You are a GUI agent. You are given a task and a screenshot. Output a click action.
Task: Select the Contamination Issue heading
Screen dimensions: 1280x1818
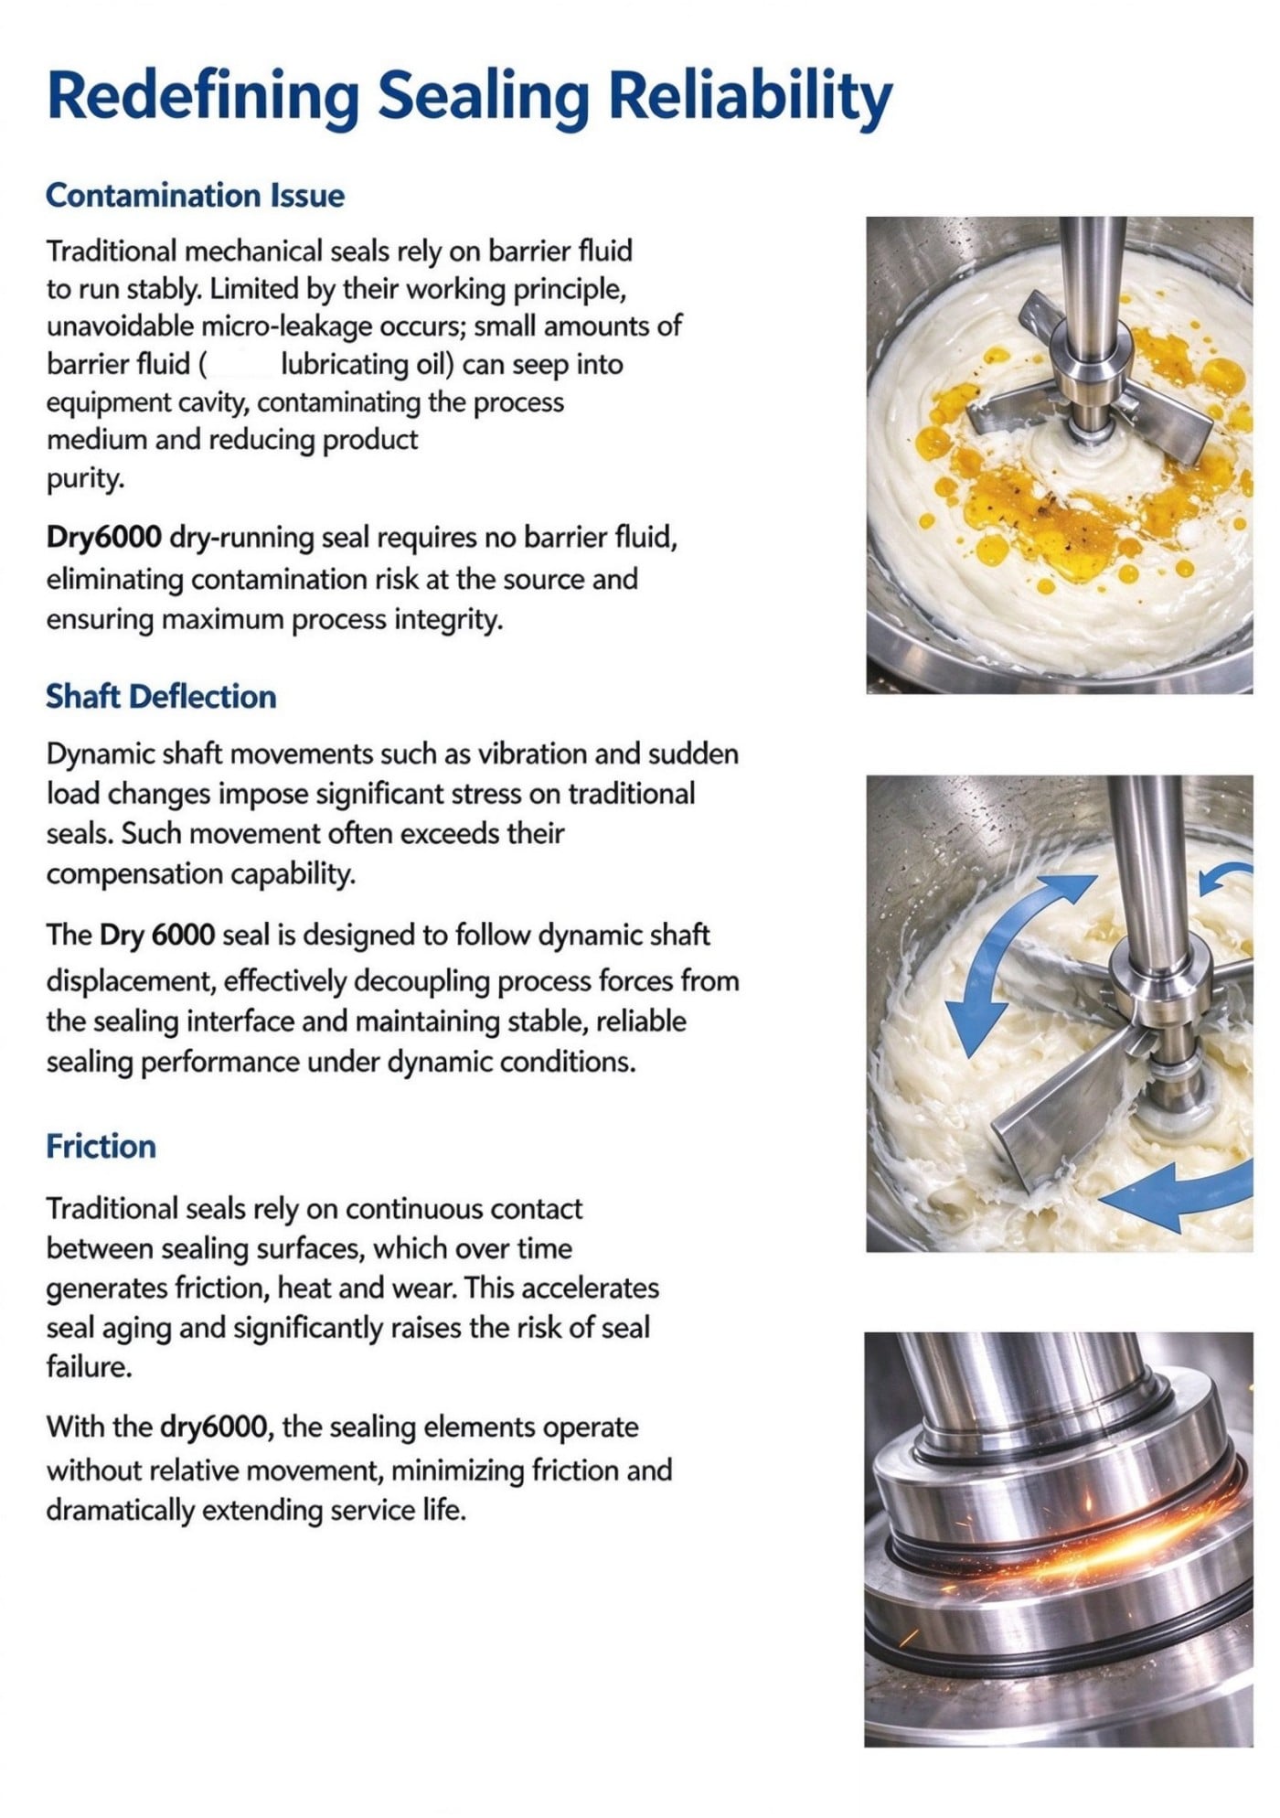(x=195, y=195)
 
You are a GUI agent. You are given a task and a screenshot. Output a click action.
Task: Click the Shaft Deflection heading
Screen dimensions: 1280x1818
(x=161, y=696)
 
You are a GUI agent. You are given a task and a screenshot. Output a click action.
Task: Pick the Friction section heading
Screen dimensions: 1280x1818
(x=101, y=1146)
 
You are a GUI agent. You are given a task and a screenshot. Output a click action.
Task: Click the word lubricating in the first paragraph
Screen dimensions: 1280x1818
(x=346, y=365)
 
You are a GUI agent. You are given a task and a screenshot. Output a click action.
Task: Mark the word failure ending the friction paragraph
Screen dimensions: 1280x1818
(x=89, y=1367)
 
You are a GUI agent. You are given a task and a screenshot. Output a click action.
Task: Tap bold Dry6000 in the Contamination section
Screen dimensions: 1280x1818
(x=104, y=538)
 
